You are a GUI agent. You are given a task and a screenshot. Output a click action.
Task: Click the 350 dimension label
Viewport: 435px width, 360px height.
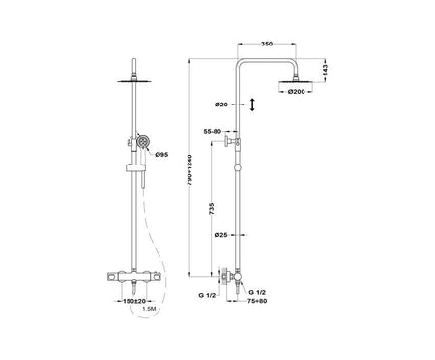tap(267, 44)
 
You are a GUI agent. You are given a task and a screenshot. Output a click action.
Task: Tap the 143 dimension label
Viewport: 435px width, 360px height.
tap(325, 70)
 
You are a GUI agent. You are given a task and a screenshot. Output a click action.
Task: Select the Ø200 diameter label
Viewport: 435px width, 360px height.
tap(296, 92)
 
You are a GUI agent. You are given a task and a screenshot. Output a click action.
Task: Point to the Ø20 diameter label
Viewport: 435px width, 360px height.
tap(221, 105)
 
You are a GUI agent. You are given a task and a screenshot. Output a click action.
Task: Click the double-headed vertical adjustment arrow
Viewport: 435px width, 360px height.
tap(252, 105)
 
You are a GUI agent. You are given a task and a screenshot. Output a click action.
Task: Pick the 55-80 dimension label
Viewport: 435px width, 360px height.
tap(213, 131)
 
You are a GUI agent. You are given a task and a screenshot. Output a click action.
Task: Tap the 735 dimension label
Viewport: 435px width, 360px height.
tap(212, 208)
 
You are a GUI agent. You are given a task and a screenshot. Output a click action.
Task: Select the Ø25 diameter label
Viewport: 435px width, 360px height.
tap(220, 235)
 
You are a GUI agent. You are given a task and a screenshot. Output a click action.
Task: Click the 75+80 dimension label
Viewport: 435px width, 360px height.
tap(257, 301)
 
